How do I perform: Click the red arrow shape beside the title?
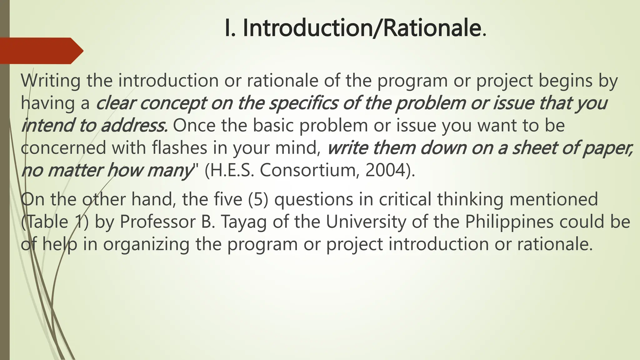pos(41,51)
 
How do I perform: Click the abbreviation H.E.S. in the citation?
pos(229,171)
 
